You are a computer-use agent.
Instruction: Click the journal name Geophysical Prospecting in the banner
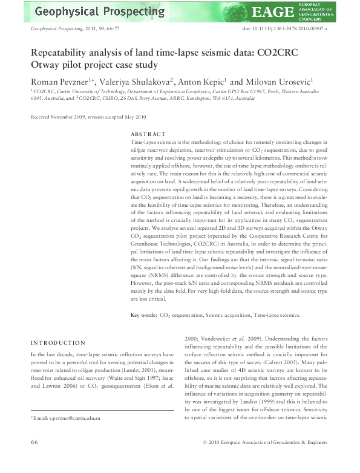coord(99,11)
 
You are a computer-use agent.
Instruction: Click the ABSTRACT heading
coord(148,134)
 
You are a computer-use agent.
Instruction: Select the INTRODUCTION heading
coord(58,342)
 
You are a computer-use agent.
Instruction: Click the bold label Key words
coord(143,315)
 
